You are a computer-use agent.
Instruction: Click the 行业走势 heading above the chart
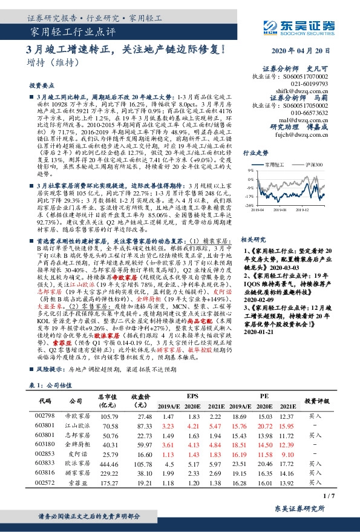point(255,154)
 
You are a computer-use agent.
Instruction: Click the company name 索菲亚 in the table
point(75,467)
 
